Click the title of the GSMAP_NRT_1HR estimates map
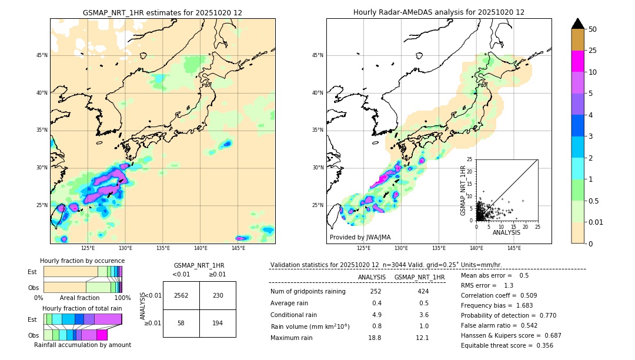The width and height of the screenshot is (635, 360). pyautogui.click(x=162, y=12)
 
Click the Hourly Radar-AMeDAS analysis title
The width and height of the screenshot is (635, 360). pyautogui.click(x=439, y=12)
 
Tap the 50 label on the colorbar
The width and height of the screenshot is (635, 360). pyautogui.click(x=593, y=29)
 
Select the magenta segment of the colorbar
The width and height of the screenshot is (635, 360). pyautogui.click(x=577, y=61)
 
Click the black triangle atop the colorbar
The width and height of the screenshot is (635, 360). pyautogui.click(x=577, y=24)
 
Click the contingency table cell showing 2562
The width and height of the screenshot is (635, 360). pyautogui.click(x=181, y=295)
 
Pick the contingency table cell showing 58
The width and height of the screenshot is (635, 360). pyautogui.click(x=181, y=324)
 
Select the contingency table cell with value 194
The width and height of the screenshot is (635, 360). pyautogui.click(x=218, y=324)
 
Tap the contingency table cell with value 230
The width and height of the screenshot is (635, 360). pyautogui.click(x=218, y=295)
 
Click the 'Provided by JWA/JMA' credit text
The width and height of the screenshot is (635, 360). pyautogui.click(x=360, y=238)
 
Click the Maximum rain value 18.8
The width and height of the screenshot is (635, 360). pyautogui.click(x=375, y=338)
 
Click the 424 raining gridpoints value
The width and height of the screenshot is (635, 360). pyautogui.click(x=423, y=291)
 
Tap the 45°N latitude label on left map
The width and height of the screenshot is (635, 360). pyautogui.click(x=42, y=55)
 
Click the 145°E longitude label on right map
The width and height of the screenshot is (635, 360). pyautogui.click(x=514, y=249)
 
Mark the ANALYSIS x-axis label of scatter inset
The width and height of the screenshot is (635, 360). pyautogui.click(x=506, y=232)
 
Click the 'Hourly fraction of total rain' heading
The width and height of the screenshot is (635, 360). pyautogui.click(x=82, y=309)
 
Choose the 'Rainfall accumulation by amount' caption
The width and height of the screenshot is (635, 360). pyautogui.click(x=82, y=345)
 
